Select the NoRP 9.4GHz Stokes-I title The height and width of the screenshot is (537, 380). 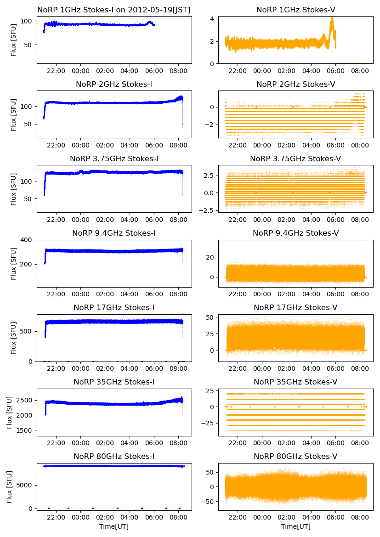[114, 233]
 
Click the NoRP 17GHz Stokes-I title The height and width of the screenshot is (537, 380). [114, 308]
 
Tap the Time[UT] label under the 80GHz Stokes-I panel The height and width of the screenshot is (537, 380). [114, 526]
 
